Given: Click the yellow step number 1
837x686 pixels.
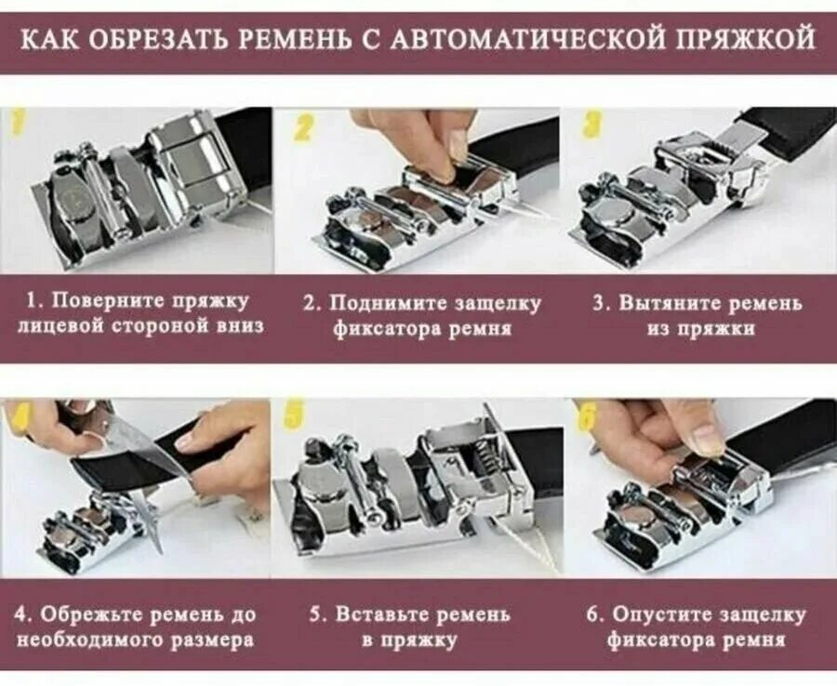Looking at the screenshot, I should coord(19,124).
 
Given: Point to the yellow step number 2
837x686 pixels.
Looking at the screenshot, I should coord(302,128).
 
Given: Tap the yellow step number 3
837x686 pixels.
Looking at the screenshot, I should coord(592,125).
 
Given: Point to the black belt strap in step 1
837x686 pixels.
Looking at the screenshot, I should coord(247,139).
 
